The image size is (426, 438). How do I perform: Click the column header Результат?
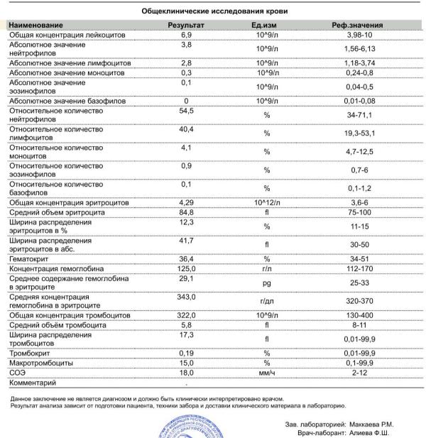[186, 24]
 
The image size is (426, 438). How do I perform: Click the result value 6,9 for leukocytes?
[186, 34]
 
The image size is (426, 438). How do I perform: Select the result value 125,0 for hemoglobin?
[186, 269]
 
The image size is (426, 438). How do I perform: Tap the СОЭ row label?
[17, 371]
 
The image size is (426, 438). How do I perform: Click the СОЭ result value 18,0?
[186, 371]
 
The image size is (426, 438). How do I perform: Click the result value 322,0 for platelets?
[186, 314]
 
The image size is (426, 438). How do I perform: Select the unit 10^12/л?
[267, 202]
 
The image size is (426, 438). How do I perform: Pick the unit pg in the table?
[267, 283]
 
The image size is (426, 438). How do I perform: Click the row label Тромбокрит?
[32, 352]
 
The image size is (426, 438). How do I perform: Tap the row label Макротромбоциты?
[42, 362]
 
